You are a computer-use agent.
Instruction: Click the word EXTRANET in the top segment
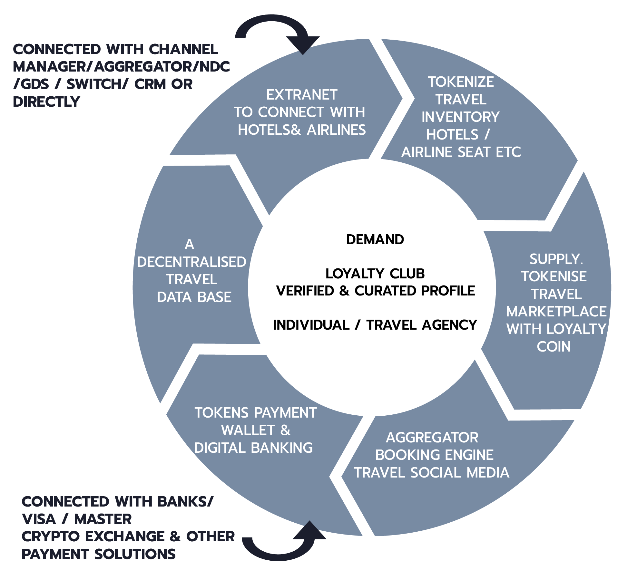[x=302, y=95]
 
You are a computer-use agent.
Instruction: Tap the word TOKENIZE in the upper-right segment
[x=461, y=82]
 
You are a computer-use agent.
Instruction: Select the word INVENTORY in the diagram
[x=460, y=117]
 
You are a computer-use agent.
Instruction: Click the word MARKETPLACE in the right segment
[x=556, y=312]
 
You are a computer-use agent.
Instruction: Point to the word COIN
[x=554, y=347]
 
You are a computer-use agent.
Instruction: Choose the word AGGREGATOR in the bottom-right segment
[x=432, y=438]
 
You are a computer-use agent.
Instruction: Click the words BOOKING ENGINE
[x=434, y=455]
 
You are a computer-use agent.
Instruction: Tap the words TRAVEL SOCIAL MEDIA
[x=431, y=473]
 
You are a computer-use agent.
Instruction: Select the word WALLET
[x=248, y=430]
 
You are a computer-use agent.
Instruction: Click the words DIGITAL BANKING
[x=253, y=448]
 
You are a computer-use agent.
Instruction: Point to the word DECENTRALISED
[x=191, y=262]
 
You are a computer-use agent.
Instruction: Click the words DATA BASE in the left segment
[x=194, y=297]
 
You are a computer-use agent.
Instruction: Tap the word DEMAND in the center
[x=375, y=240]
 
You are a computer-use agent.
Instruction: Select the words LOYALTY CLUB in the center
[x=375, y=274]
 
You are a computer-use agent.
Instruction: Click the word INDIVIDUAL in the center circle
[x=311, y=325]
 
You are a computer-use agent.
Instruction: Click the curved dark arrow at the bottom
[x=284, y=548]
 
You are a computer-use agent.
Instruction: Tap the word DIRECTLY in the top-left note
[x=46, y=102]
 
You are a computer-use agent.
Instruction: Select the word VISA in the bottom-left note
[x=39, y=519]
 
